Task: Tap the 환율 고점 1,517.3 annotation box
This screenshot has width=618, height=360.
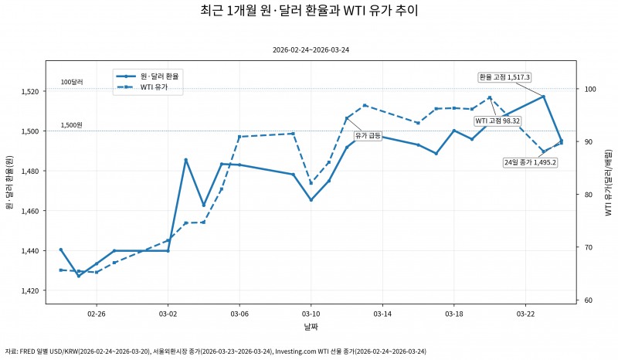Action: (x=504, y=76)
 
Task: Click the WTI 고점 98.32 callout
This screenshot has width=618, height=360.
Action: (x=497, y=121)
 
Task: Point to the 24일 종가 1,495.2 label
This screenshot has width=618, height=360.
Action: (x=530, y=162)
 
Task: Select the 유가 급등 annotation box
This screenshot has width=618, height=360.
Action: (x=368, y=135)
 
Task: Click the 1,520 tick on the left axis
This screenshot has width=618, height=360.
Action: (x=29, y=91)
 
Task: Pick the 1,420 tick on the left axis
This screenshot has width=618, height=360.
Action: (x=29, y=290)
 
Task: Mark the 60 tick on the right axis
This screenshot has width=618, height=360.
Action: (x=587, y=300)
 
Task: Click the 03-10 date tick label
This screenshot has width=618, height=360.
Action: (x=311, y=314)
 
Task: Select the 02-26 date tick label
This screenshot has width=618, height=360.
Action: (x=97, y=314)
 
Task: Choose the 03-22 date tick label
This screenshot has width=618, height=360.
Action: (x=525, y=314)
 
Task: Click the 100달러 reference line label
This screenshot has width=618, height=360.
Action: (x=72, y=82)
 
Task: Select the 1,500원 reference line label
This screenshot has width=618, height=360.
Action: (x=72, y=124)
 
